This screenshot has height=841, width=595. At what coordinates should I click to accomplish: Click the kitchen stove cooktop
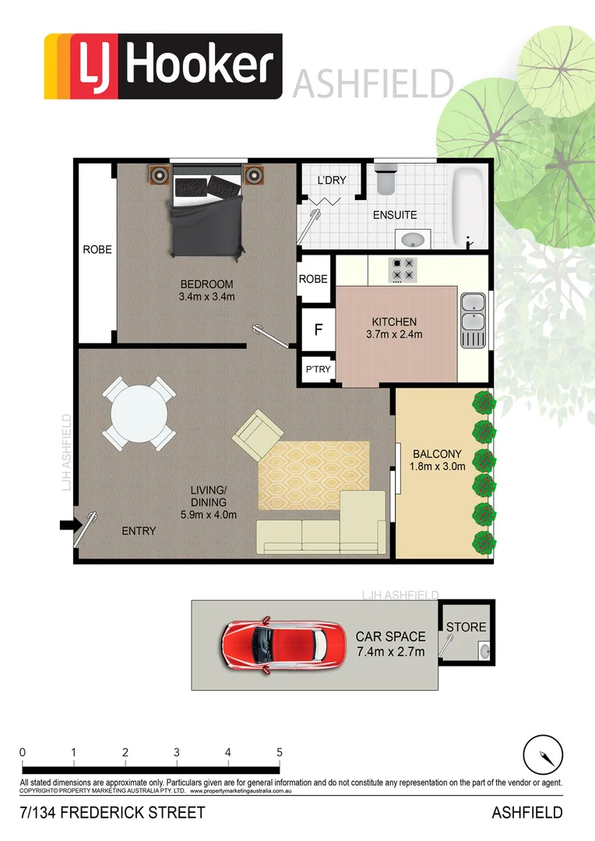[x=403, y=269]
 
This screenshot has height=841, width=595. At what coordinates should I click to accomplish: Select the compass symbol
[x=542, y=755]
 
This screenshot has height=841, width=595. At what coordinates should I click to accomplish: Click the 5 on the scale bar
[x=279, y=752]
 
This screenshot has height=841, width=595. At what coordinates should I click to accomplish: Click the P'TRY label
[x=317, y=370]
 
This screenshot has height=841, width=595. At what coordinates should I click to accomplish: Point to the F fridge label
[x=317, y=329]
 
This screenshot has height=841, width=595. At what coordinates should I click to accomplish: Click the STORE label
[x=466, y=627]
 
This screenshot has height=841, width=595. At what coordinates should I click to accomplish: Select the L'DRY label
[x=331, y=181]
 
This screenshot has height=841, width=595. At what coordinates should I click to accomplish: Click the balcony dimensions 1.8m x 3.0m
[x=438, y=467]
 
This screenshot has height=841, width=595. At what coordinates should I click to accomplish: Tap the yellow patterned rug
[x=314, y=475]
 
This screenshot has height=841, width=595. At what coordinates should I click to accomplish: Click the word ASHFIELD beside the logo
[x=373, y=83]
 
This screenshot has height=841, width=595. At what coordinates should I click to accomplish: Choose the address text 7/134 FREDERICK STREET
[x=112, y=813]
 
